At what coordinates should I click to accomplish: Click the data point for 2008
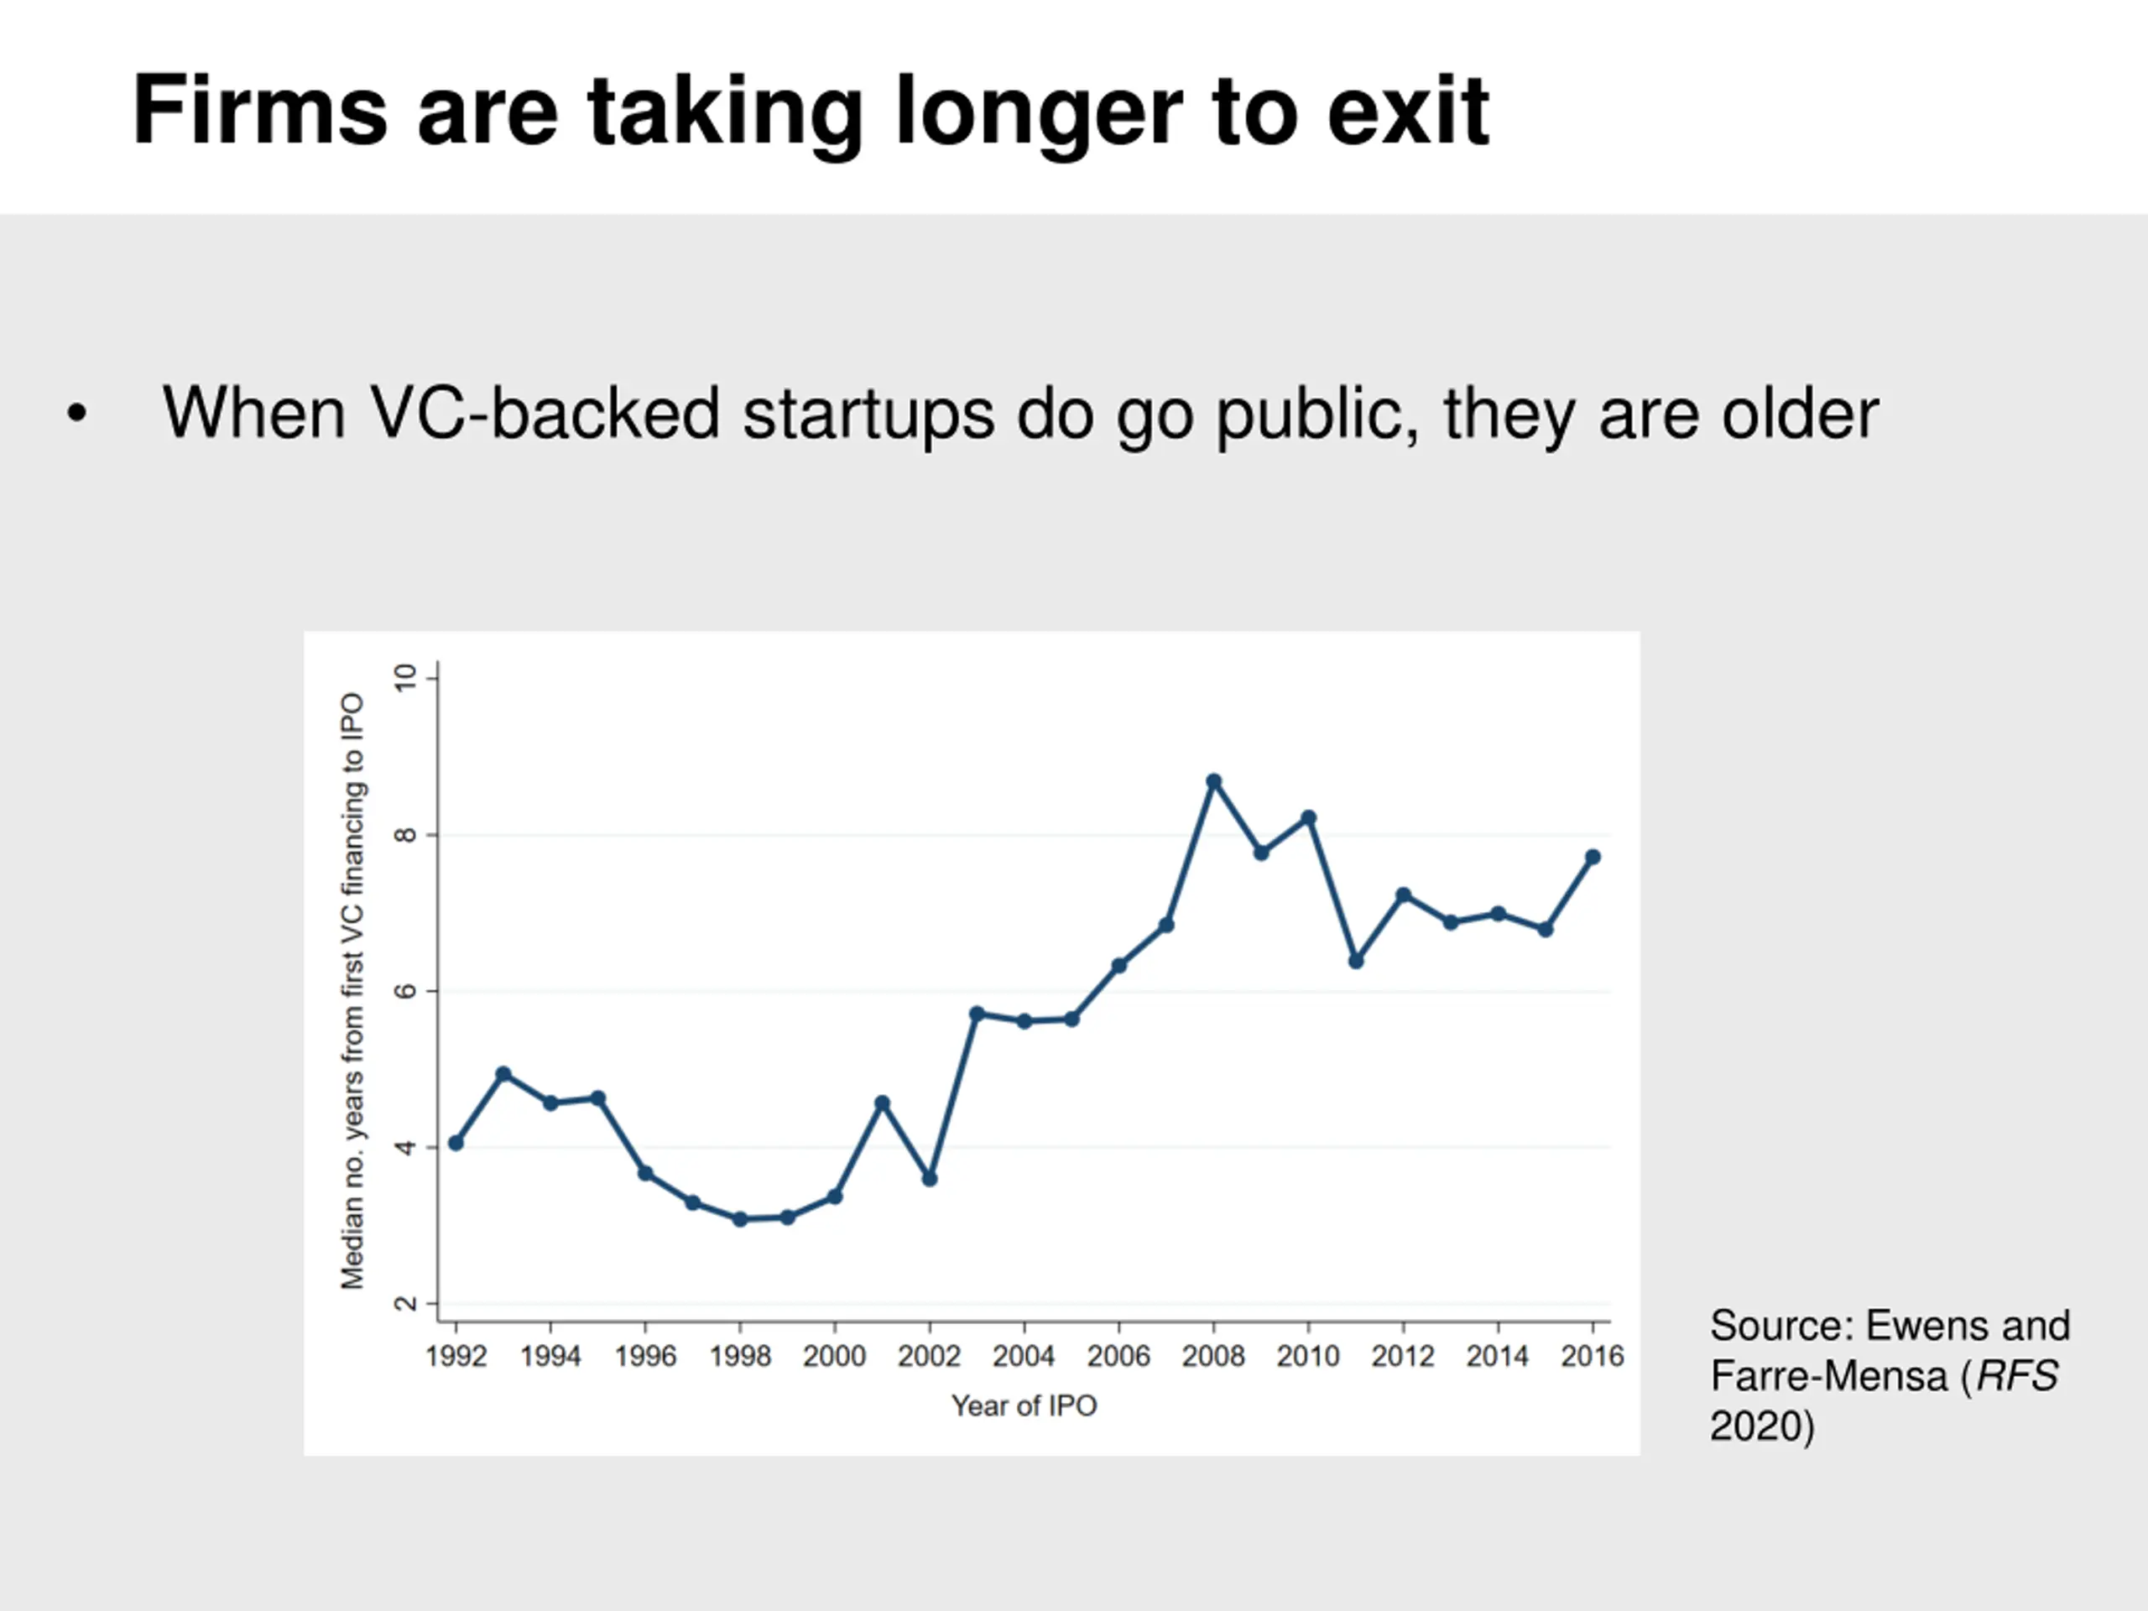[x=1212, y=780]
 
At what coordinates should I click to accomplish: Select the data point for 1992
[x=456, y=1143]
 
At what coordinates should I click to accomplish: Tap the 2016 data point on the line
[x=1593, y=857]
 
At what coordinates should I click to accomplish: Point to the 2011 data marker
[x=1356, y=961]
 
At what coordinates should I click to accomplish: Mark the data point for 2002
[x=930, y=1178]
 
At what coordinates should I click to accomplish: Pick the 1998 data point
[x=740, y=1218]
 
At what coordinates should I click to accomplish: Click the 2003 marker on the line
[x=977, y=1014]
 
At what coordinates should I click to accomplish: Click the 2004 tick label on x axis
[x=1024, y=1356]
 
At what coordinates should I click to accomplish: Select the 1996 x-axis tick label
[x=644, y=1356]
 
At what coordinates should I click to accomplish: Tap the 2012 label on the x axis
[x=1402, y=1356]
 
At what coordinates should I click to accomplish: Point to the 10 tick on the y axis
[x=405, y=678]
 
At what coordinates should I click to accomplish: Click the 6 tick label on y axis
[x=405, y=990]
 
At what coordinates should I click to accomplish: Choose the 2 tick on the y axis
[x=405, y=1303]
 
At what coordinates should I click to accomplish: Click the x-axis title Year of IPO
[x=1024, y=1405]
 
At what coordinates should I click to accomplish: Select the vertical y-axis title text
[x=352, y=990]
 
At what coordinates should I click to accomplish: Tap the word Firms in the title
[x=259, y=111]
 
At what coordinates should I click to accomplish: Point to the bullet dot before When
[x=76, y=414]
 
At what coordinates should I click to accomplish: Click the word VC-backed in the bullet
[x=544, y=414]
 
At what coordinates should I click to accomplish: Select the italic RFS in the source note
[x=2016, y=1376]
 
